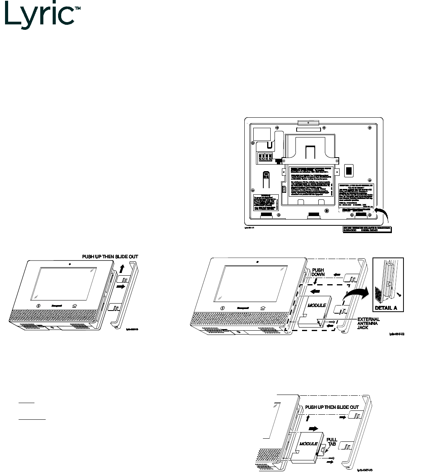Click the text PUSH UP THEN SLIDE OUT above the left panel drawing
[x=110, y=257]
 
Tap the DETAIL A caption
[x=385, y=308]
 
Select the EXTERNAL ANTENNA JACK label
[x=368, y=323]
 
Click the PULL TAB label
[x=332, y=443]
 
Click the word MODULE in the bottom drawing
[x=309, y=444]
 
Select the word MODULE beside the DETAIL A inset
[x=316, y=306]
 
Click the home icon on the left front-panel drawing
[x=74, y=306]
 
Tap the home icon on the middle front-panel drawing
[x=263, y=308]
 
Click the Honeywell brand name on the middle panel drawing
[x=243, y=308]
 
